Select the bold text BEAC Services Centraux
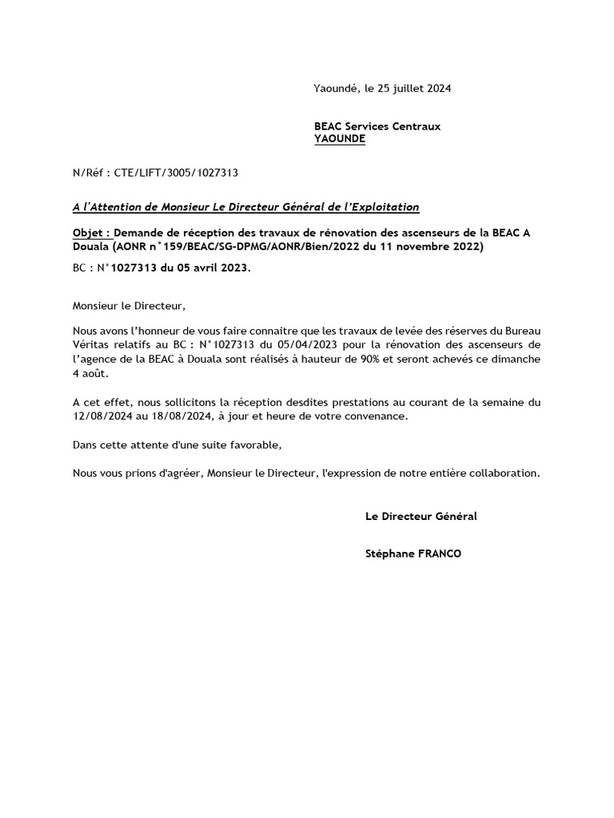point(377,126)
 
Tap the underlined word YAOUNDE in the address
point(340,138)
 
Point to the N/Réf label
point(90,172)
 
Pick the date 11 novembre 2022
point(437,247)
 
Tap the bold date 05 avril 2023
point(205,268)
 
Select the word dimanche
point(516,359)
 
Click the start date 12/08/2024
point(100,416)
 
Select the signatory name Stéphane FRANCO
point(413,554)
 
